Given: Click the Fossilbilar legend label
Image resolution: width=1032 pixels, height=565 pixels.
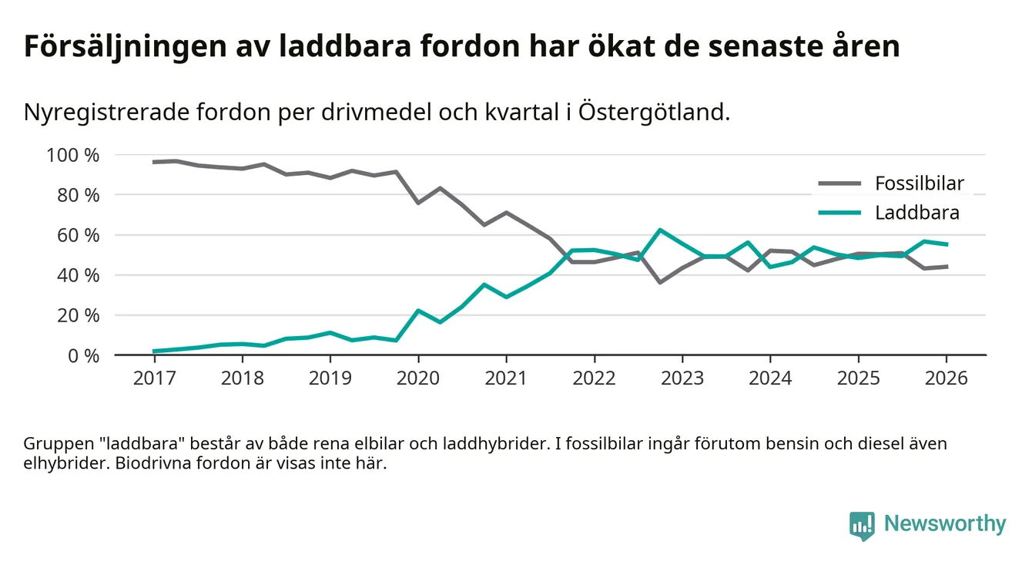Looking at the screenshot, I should click(x=919, y=183).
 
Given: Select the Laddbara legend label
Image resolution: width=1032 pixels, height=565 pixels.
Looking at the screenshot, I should click(x=916, y=213).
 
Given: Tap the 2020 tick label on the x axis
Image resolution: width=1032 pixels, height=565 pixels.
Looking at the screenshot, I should click(x=418, y=378).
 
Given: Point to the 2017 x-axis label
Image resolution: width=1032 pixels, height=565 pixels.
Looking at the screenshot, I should click(x=154, y=378).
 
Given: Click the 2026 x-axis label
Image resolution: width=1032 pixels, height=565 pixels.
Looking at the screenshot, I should click(x=947, y=378).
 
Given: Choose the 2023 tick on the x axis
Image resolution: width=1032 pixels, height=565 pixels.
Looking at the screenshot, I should click(x=682, y=378).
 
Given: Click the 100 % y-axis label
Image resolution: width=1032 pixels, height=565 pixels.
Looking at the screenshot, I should click(x=73, y=155).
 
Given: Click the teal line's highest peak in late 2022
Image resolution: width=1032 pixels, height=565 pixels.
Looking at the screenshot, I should click(x=660, y=230).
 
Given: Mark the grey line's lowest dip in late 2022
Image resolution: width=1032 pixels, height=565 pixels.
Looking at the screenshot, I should click(x=660, y=282).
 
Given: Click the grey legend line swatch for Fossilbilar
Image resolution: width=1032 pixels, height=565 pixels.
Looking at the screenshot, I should click(x=839, y=183).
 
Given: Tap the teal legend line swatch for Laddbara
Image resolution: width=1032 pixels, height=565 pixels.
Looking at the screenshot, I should click(x=839, y=213).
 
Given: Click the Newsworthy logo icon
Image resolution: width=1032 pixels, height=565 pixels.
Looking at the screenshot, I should click(x=862, y=525).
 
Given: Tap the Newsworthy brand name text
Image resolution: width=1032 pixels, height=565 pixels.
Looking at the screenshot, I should click(x=945, y=524).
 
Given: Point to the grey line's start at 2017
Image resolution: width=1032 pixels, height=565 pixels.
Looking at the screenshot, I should click(x=154, y=162).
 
